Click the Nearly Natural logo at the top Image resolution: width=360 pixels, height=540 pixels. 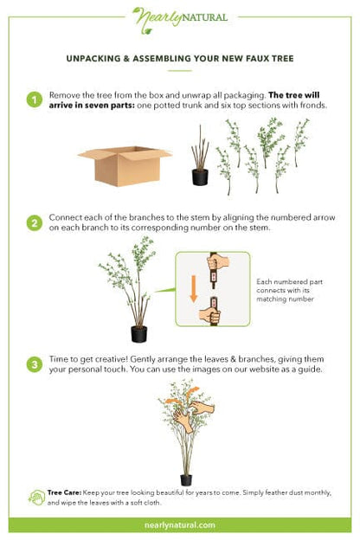click(180, 20)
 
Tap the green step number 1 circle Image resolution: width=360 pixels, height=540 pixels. click(35, 100)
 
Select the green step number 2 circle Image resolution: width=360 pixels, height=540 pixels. click(35, 222)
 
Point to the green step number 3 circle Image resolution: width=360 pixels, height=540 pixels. click(35, 364)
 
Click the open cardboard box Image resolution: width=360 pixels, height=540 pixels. click(125, 166)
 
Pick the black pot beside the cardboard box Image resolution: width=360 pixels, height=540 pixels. click(200, 177)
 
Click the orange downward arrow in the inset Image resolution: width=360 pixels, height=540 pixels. click(194, 288)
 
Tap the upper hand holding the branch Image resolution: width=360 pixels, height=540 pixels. click(218, 263)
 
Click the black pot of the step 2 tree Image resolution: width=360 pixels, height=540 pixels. click(138, 334)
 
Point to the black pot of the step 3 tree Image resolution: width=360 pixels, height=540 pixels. click(186, 480)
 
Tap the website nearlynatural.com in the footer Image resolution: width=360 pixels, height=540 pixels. click(180, 525)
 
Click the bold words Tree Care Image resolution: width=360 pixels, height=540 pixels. click(64, 492)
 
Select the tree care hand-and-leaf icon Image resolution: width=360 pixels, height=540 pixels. click(37, 498)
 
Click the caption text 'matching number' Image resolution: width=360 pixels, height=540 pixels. click(285, 299)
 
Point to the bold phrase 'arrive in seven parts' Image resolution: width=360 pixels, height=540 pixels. click(92, 106)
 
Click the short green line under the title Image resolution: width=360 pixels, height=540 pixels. click(180, 71)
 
